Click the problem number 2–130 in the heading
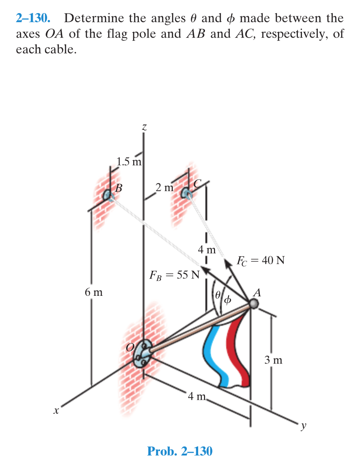(33, 18)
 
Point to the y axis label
(304, 426)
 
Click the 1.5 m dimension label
(129, 162)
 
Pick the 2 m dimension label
(165, 188)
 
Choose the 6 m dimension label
(94, 292)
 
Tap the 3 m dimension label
(273, 359)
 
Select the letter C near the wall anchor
(198, 184)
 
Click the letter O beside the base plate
(130, 347)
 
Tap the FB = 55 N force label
(175, 275)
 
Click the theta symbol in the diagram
(219, 295)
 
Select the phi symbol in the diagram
(228, 299)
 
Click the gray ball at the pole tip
(254, 304)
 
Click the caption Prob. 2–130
(180, 451)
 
